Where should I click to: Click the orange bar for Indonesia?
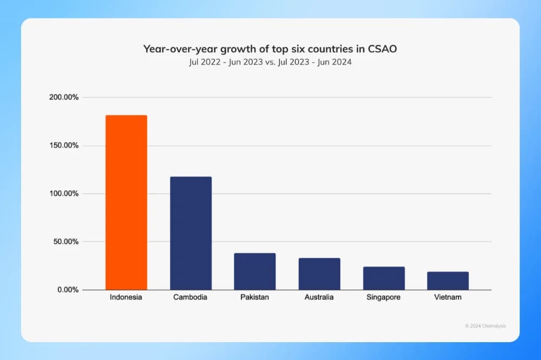click(x=126, y=202)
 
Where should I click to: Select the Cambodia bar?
click(x=190, y=233)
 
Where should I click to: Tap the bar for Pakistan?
click(x=255, y=271)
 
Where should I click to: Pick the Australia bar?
click(x=319, y=274)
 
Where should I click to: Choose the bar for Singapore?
click(x=384, y=278)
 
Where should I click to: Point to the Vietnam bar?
click(x=448, y=281)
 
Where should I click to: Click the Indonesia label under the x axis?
click(x=126, y=298)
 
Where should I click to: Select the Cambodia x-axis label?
click(x=190, y=298)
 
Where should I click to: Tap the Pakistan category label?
click(x=255, y=298)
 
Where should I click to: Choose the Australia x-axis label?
click(x=319, y=298)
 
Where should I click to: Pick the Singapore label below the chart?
click(x=384, y=298)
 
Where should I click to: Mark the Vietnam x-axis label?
click(x=448, y=298)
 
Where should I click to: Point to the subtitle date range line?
click(x=270, y=62)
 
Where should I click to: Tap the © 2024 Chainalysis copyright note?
click(x=485, y=326)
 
